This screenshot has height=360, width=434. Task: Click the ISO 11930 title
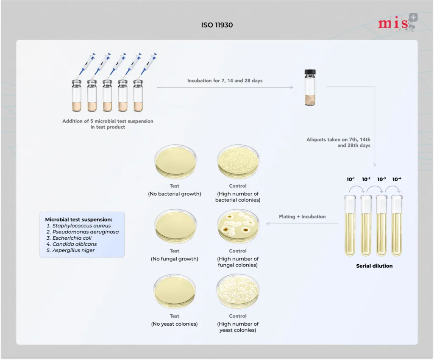pos(217,25)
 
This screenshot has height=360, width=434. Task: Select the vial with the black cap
pos(310,87)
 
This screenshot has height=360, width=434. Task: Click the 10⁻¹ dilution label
pos(351,179)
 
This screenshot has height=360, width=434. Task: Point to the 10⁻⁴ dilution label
pos(397,179)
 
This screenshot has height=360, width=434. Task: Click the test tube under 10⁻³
pos(381,226)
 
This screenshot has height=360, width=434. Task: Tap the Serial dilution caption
pos(374,266)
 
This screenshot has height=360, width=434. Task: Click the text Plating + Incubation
pos(302,216)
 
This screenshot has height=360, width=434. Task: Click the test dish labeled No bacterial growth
pos(175,162)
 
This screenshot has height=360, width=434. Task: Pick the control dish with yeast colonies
pos(238,291)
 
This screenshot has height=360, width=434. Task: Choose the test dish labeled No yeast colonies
pos(175,291)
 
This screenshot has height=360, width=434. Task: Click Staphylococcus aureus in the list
pos(81,226)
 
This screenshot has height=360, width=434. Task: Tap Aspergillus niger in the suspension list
pos(73,250)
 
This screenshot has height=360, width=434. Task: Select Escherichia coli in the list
pos(72,238)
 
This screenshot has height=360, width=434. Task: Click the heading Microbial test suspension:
pos(78,219)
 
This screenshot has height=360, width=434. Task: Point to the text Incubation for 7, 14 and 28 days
pos(225,80)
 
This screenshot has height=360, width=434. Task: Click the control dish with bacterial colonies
pos(238,162)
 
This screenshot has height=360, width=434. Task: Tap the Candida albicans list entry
pos(75,244)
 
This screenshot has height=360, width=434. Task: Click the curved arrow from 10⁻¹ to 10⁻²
pos(357,186)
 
